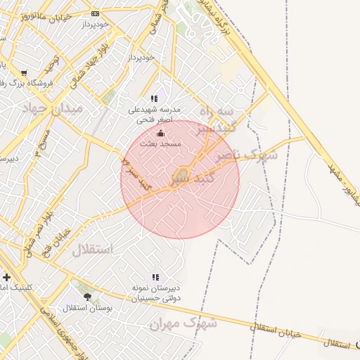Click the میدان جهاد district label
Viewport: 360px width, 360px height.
[x=53, y=108]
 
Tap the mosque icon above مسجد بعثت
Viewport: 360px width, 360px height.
[x=161, y=133]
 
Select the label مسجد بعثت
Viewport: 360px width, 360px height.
[x=161, y=143]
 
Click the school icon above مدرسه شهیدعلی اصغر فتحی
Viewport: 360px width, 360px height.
[x=155, y=99]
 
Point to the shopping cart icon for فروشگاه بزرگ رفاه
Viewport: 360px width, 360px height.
[x=25, y=72]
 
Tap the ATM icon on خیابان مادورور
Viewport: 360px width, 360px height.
[x=96, y=13]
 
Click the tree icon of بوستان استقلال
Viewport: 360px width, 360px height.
[x=87, y=297]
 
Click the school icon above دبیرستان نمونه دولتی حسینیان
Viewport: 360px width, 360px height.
[x=155, y=277]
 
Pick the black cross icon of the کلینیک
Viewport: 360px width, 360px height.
[x=6, y=276]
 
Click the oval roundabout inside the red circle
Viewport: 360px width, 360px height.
[x=181, y=174]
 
